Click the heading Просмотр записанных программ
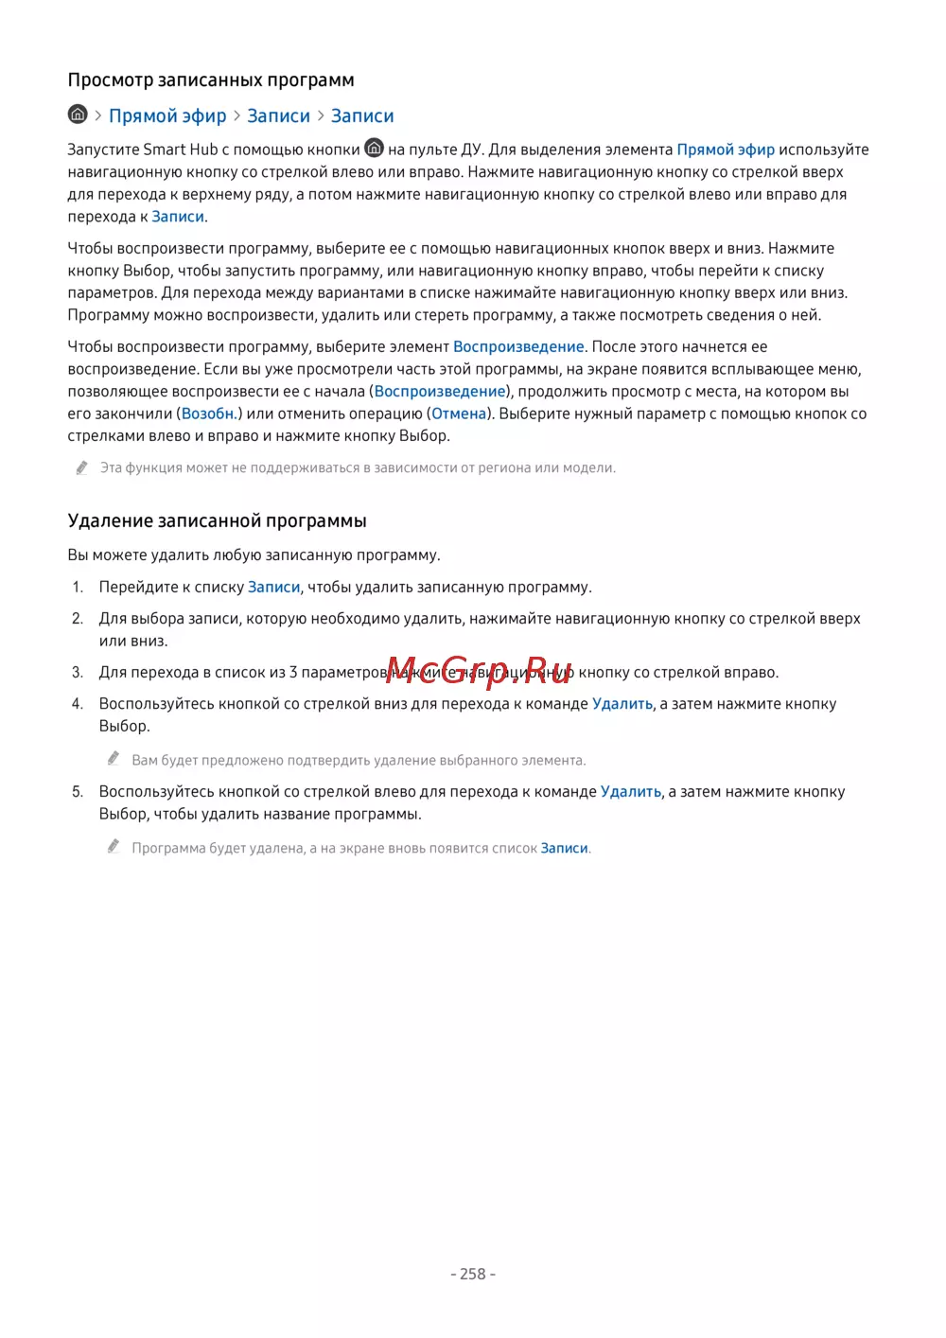[211, 80]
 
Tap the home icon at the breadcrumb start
[78, 114]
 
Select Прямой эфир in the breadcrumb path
[167, 116]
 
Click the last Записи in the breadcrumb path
[362, 116]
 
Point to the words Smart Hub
[180, 150]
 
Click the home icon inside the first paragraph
[375, 149]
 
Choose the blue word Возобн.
[209, 414]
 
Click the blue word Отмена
[459, 414]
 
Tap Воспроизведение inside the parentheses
[440, 392]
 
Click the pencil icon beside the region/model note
[82, 467]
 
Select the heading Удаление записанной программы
[217, 521]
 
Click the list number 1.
[78, 588]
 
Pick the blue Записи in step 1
[273, 588]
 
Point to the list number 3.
[78, 673]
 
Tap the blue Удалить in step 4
[622, 704]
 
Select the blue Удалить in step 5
[631, 792]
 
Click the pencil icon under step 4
[114, 759]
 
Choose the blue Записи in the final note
[565, 849]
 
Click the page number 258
[473, 1275]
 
